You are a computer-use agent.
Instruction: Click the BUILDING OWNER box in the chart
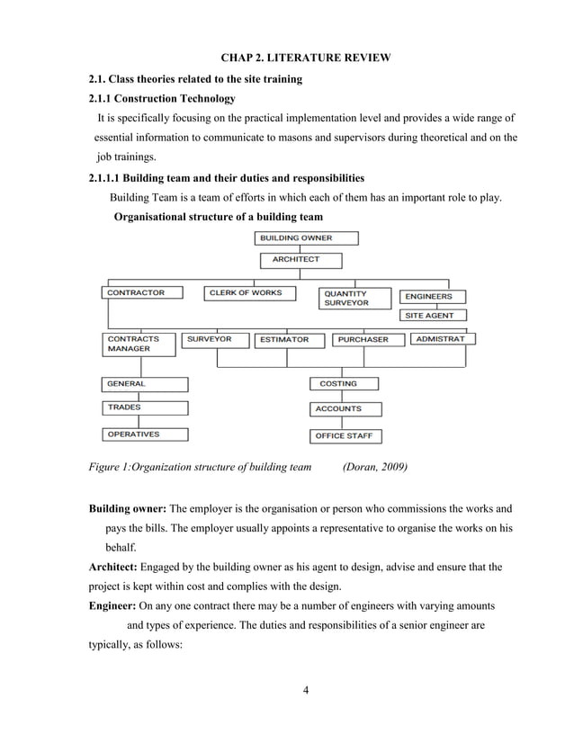point(307,238)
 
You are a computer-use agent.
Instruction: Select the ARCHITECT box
point(301,260)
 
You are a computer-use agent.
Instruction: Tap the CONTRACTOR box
point(141,292)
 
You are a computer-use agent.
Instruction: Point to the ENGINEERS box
point(433,296)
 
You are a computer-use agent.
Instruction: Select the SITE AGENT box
point(433,316)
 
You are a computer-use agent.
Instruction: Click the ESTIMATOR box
point(288,340)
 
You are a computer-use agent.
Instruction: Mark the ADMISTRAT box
point(443,339)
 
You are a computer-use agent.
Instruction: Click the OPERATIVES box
point(144,434)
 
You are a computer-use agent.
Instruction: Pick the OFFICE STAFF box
point(345,436)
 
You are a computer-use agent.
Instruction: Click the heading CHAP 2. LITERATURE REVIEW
point(306,58)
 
